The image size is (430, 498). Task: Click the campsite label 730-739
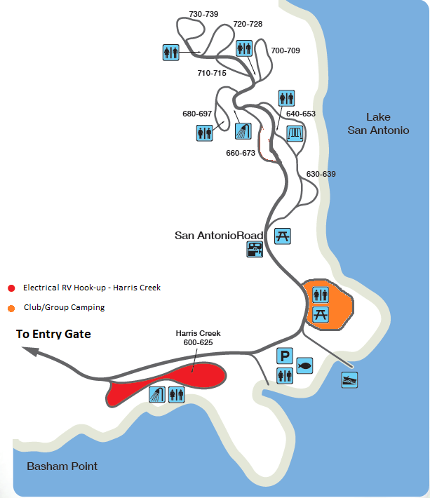coord(203,14)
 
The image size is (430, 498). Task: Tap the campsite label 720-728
coord(248,24)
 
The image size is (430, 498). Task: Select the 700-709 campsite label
coord(285,51)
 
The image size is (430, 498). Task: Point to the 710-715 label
coord(212,73)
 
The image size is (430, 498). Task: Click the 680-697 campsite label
coord(197,114)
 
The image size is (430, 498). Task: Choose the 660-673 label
coord(241,153)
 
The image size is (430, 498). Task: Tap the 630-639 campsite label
coord(321,174)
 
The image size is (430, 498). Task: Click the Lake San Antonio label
coord(378,123)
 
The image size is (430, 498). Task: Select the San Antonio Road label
coord(219,236)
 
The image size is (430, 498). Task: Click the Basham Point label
coord(62,466)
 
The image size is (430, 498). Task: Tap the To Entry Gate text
coord(53,334)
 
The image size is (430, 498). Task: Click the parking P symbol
coord(285,356)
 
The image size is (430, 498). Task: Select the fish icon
coord(304,365)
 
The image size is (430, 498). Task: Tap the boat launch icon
coord(349,380)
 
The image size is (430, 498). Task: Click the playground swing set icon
coord(295,133)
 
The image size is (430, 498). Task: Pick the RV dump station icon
coord(255,249)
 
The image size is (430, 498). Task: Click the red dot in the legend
coord(11,288)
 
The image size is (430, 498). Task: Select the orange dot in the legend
coord(11,309)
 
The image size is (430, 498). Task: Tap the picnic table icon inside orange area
coord(321,315)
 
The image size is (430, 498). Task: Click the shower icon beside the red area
coord(157,394)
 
